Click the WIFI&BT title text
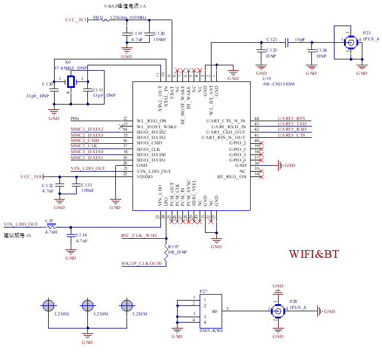pyautogui.click(x=314, y=254)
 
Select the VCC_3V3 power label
pyautogui.click(x=76, y=20)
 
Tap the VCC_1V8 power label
pyautogui.click(x=33, y=176)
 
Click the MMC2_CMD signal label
pyautogui.click(x=85, y=140)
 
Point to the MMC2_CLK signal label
pyautogui.click(x=84, y=146)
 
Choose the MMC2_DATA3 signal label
pyautogui.click(x=87, y=135)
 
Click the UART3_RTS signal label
pyautogui.click(x=292, y=118)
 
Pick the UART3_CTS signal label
pyautogui.click(x=292, y=135)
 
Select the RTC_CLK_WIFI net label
pyautogui.click(x=138, y=236)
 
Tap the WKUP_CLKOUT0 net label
pyautogui.click(x=141, y=263)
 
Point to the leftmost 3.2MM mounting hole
pyautogui.click(x=49, y=305)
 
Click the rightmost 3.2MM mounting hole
pyautogui.click(x=125, y=305)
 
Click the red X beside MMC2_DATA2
pyautogui.click(x=121, y=127)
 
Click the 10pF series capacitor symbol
pyautogui.click(x=287, y=42)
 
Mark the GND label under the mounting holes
pyautogui.click(x=87, y=343)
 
